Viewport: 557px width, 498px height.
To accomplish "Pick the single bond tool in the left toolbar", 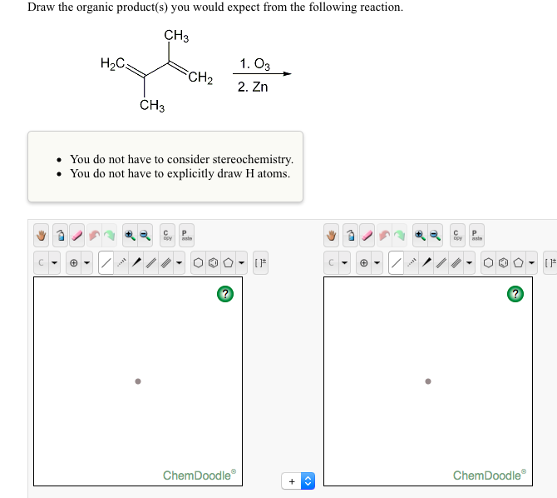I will pyautogui.click(x=106, y=264).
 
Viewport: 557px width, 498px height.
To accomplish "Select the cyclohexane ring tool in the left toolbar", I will pyautogui.click(x=200, y=264).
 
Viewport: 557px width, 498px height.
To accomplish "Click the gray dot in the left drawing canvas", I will pyautogui.click(x=138, y=382).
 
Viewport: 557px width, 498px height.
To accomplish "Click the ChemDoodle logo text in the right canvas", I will pyautogui.click(x=489, y=476).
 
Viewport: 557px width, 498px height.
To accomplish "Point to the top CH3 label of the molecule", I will pyautogui.click(x=176, y=36).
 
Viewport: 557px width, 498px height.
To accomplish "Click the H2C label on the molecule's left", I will pyautogui.click(x=111, y=63).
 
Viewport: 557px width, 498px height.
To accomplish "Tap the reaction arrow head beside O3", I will pyautogui.click(x=288, y=74).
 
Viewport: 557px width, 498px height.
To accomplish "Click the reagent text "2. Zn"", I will pyautogui.click(x=253, y=87).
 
